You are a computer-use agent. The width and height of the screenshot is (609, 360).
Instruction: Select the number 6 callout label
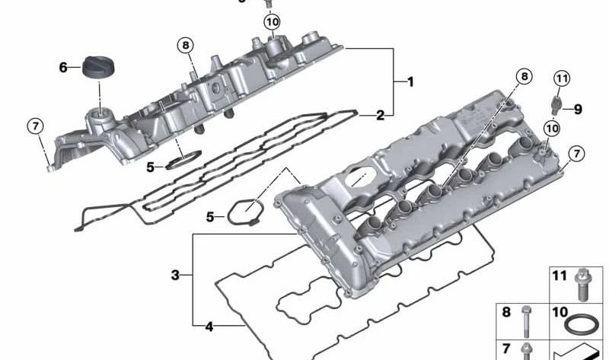(64, 68)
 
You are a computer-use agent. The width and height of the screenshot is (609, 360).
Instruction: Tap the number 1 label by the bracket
(410, 81)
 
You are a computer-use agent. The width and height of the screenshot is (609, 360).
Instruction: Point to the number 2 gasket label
(380, 116)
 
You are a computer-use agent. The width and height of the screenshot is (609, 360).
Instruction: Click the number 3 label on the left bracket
(175, 276)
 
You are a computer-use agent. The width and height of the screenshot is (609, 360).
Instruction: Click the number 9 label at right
(577, 109)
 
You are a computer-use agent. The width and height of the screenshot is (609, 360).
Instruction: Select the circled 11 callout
(561, 78)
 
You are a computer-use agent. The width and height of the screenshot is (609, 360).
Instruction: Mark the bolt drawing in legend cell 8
(526, 320)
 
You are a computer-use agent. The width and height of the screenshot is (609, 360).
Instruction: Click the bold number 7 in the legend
(505, 347)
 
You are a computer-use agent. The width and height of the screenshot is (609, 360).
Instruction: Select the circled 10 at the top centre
(272, 23)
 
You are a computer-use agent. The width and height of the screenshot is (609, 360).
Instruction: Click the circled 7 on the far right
(576, 154)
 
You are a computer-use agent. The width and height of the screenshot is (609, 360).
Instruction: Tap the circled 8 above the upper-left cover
(186, 45)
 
